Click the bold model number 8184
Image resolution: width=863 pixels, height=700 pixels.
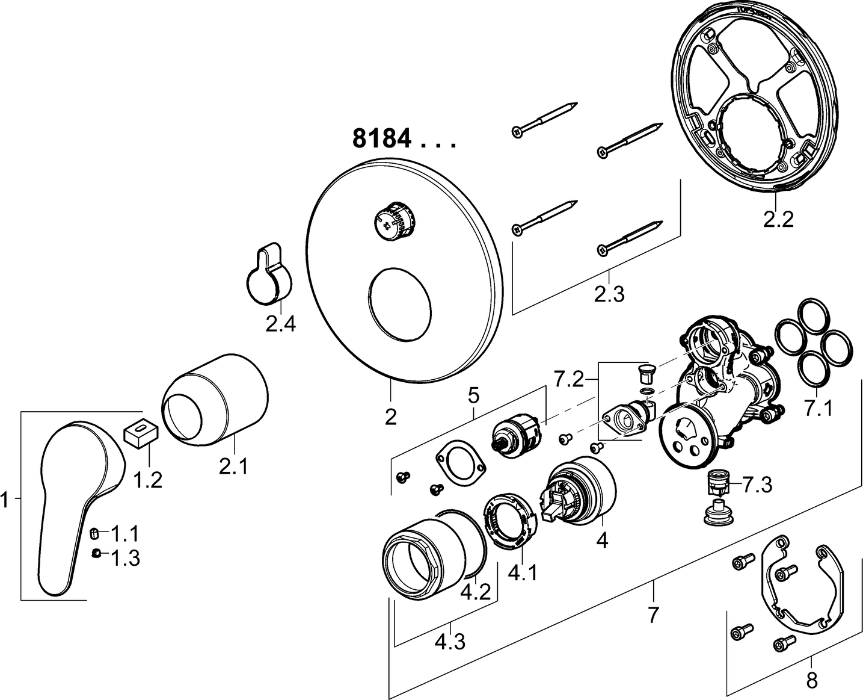(382, 139)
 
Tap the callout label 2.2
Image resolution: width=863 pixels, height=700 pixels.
(778, 220)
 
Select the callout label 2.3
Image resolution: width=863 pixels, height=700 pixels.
(609, 295)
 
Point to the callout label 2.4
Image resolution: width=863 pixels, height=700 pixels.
(281, 324)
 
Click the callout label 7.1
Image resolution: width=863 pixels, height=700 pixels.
(818, 409)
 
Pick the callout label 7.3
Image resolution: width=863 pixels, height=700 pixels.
(757, 485)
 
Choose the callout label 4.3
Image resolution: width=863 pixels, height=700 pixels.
(449, 643)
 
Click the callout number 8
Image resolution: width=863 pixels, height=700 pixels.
(812, 681)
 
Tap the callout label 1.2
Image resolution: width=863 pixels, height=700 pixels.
(147, 480)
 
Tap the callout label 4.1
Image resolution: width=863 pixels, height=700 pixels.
(523, 574)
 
